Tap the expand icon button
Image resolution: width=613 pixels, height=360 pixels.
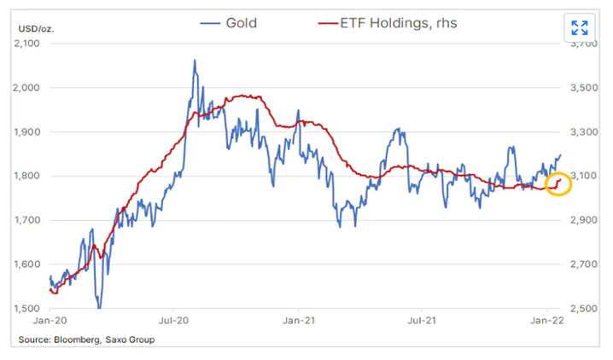(x=579, y=27)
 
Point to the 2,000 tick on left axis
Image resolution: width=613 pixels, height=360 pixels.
(x=32, y=88)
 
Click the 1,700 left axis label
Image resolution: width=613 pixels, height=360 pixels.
(x=32, y=221)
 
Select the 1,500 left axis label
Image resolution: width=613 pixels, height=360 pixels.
(x=32, y=309)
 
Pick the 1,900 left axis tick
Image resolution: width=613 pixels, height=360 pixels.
(x=32, y=132)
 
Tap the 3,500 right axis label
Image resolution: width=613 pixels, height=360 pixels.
(x=581, y=88)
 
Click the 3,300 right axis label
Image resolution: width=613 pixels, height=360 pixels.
(x=581, y=132)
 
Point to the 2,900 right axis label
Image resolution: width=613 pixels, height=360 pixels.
(x=581, y=221)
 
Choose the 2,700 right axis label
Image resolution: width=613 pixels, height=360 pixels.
(x=581, y=264)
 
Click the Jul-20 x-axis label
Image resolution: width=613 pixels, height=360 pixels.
(x=173, y=323)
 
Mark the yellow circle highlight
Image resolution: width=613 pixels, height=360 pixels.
(x=558, y=183)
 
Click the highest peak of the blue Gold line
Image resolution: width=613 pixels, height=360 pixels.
(x=195, y=61)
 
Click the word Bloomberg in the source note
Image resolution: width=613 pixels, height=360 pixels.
(x=79, y=340)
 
